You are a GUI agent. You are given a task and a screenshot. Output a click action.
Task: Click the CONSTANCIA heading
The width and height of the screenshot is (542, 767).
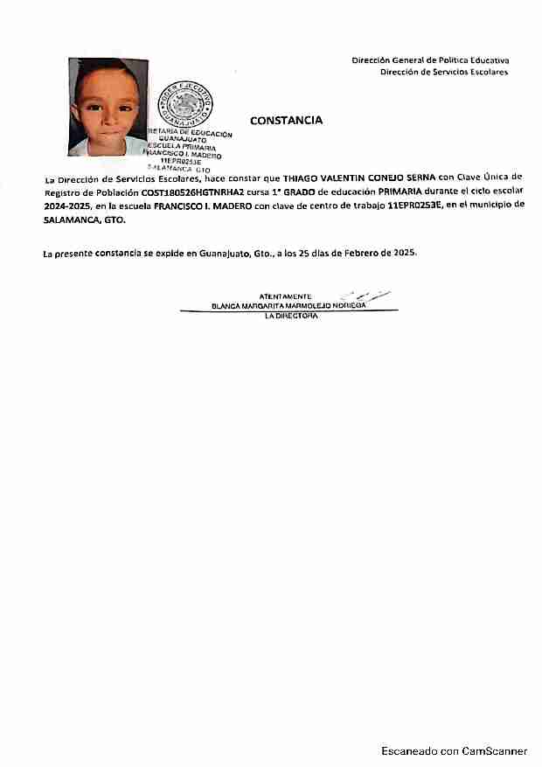pyautogui.click(x=286, y=121)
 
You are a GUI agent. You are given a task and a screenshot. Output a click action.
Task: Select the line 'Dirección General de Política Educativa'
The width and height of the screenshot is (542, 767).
pyautogui.click(x=430, y=60)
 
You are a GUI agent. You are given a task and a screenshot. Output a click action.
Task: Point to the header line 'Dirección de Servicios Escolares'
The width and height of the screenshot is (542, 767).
pyautogui.click(x=444, y=72)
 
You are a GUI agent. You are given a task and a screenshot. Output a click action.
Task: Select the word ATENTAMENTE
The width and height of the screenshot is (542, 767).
pyautogui.click(x=285, y=296)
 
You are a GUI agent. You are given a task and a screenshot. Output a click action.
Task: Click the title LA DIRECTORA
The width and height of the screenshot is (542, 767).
pyautogui.click(x=291, y=316)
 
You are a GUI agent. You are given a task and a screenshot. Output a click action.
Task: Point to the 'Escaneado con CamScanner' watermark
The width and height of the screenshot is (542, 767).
pyautogui.click(x=454, y=751)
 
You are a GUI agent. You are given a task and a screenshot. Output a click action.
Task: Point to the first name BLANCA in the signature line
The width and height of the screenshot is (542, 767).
pyautogui.click(x=227, y=306)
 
